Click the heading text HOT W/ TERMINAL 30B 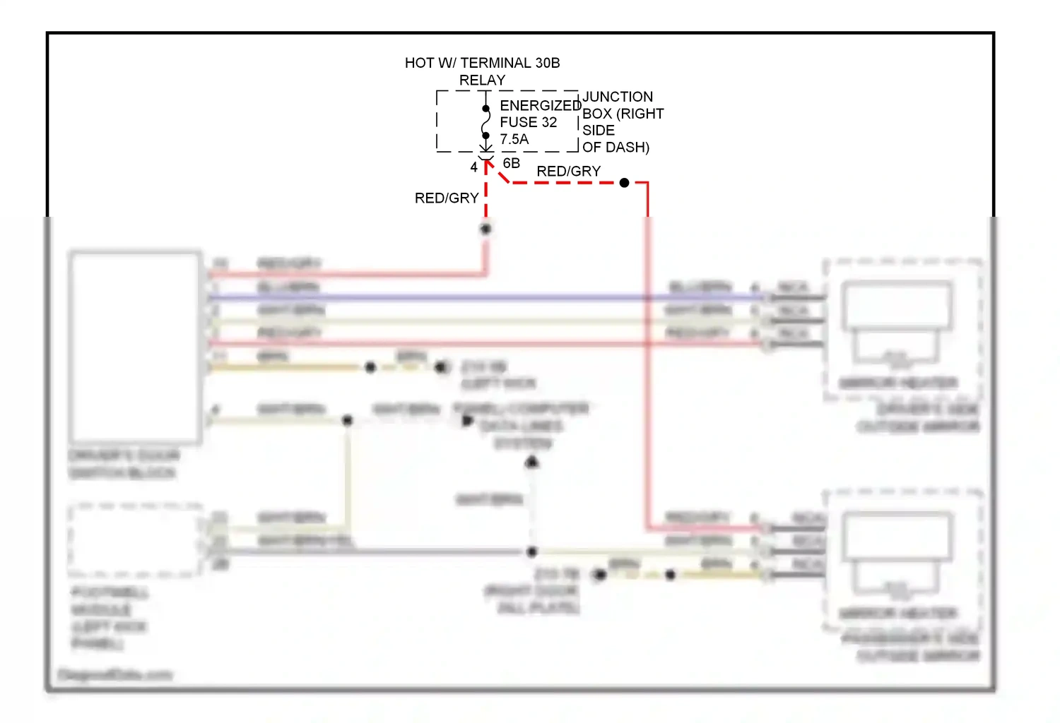point(482,63)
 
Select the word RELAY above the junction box point(482,80)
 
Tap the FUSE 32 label point(528,122)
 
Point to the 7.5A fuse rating point(514,139)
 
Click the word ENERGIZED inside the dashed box point(540,105)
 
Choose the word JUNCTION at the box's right point(617,97)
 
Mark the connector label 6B point(511,163)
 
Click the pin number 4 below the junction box point(473,167)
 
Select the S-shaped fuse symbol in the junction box point(485,121)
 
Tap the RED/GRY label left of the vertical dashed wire point(447,198)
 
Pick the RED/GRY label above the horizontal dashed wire point(568,172)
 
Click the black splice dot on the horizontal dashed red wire point(624,183)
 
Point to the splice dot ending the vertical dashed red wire point(485,229)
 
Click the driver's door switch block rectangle point(135,347)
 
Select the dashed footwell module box point(134,540)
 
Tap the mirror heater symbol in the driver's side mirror point(897,325)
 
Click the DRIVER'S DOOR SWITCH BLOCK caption point(124,464)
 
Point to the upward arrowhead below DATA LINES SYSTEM point(532,462)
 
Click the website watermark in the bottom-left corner point(114,675)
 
